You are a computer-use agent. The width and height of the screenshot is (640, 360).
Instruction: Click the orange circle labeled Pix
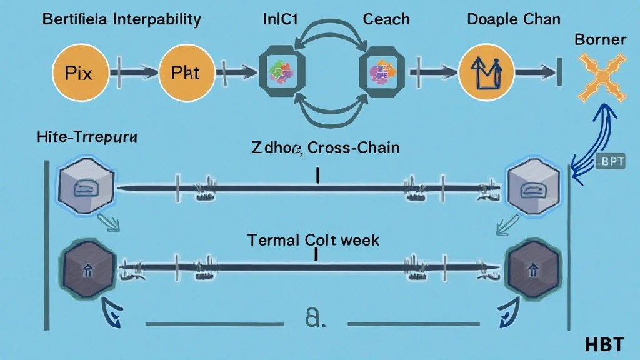click(78, 72)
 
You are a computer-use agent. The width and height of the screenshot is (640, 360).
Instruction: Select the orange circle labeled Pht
click(185, 72)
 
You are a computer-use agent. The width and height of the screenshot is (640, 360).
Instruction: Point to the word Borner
click(600, 39)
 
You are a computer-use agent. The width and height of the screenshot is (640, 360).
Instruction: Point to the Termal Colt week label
click(313, 239)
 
